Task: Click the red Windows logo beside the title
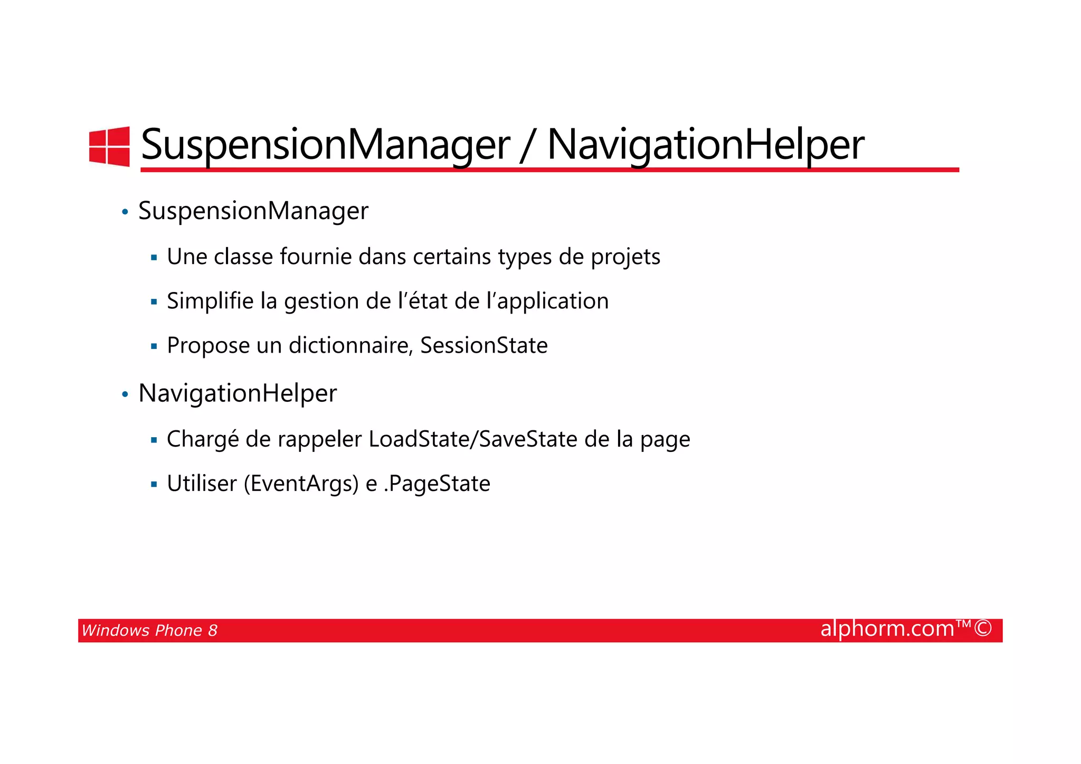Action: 109,146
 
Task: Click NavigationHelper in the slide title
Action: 705,145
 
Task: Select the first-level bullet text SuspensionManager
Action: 253,211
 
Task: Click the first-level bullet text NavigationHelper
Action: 237,393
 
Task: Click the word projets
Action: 625,257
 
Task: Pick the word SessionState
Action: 483,346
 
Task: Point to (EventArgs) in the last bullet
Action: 301,484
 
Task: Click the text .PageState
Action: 437,484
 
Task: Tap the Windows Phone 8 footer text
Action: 149,630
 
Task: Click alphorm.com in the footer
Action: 887,629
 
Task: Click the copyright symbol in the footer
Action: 983,629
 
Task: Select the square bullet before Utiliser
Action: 154,484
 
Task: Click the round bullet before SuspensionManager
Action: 125,213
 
